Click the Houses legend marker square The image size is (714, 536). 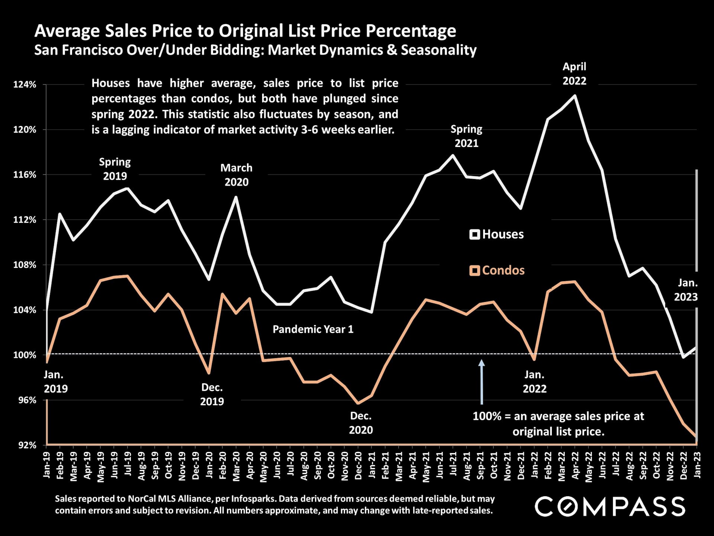(x=475, y=234)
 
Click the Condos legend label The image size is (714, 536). (x=503, y=270)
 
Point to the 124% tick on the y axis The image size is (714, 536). (x=25, y=85)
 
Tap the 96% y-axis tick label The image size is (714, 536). (x=25, y=400)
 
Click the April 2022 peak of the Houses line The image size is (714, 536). (x=575, y=95)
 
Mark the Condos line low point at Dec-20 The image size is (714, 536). (x=358, y=403)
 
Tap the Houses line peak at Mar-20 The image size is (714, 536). (x=236, y=197)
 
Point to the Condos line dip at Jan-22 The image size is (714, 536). (x=534, y=360)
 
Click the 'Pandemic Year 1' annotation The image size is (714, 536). (x=313, y=329)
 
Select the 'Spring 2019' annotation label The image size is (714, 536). (x=115, y=169)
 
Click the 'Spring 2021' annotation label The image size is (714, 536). (x=466, y=136)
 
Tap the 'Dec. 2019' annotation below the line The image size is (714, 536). (x=212, y=395)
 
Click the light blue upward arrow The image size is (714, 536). (x=482, y=381)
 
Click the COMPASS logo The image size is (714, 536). (x=610, y=507)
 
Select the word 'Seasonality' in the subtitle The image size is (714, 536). (x=438, y=50)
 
